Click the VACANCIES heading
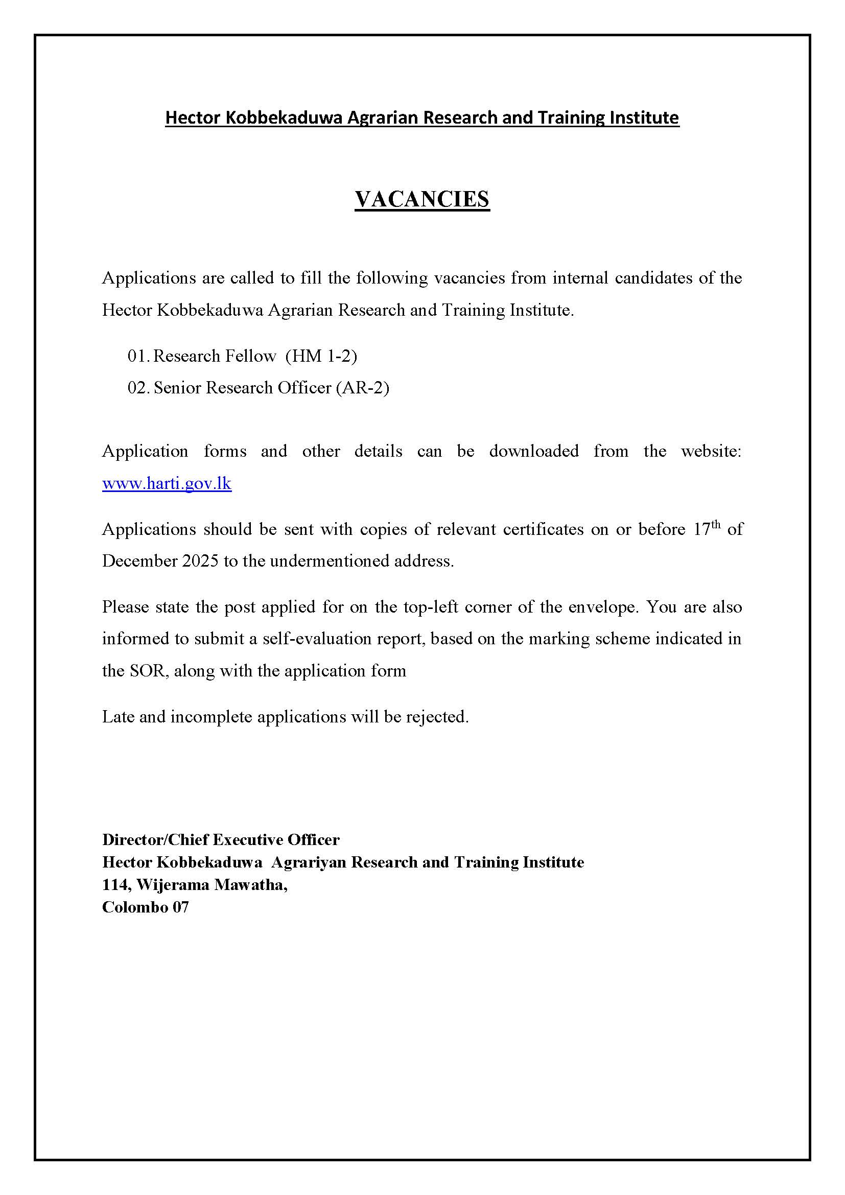[422, 199]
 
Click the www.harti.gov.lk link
[167, 483]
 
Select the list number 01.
[138, 356]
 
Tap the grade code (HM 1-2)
[321, 356]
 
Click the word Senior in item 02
[177, 388]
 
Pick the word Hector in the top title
[193, 118]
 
